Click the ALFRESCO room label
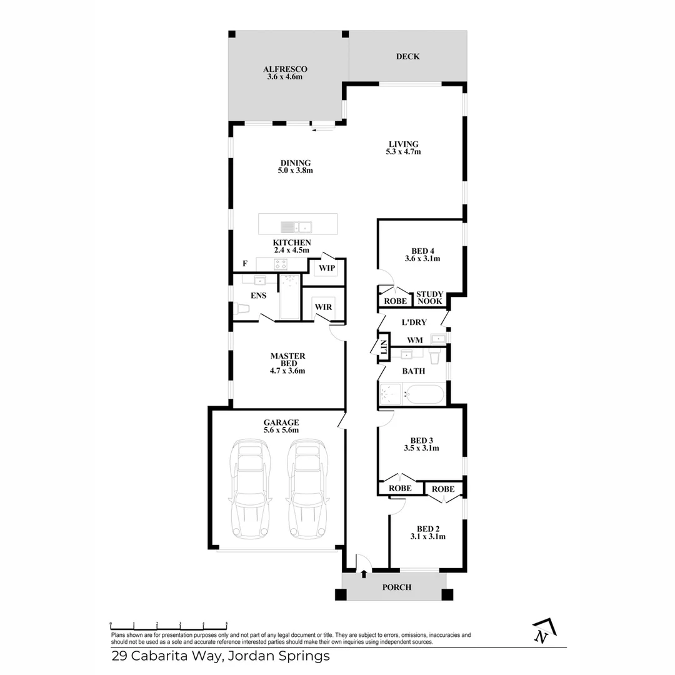pos(285,69)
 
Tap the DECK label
pos(407,57)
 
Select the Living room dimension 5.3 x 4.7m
pos(402,152)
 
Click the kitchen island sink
pos(297,226)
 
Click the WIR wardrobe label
pos(323,307)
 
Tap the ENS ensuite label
pos(258,296)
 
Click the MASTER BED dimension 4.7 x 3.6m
pos(287,371)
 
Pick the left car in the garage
pos(251,489)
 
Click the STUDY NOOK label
pos(429,297)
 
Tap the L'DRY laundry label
pos(414,322)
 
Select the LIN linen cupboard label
pos(382,351)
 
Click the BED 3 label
pos(421,439)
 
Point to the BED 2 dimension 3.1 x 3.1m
pos(427,536)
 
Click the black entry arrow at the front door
pos(364,572)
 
